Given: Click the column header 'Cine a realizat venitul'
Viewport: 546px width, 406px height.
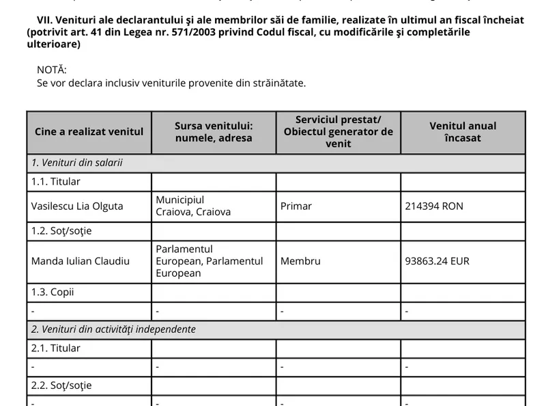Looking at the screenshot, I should click(89, 131).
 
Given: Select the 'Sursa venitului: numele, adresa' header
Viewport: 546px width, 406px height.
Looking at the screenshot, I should click(214, 131).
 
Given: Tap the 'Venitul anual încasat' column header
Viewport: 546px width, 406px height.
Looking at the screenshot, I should click(463, 131).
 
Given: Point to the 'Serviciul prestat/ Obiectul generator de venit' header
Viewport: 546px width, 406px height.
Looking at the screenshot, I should click(338, 131).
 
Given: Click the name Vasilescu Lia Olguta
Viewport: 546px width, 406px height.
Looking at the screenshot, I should click(77, 206).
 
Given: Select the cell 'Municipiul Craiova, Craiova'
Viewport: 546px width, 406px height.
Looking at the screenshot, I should click(193, 206).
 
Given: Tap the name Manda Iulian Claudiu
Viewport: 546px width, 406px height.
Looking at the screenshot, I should click(81, 261).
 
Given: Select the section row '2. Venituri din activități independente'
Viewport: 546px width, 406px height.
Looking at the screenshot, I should click(113, 329).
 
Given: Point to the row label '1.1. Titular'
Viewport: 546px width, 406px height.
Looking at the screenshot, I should click(56, 182).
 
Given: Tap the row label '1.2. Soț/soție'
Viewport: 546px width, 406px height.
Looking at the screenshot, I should click(61, 230).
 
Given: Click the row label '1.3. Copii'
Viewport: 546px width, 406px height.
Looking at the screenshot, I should click(53, 292).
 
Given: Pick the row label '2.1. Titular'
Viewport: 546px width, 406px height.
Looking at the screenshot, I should click(56, 348).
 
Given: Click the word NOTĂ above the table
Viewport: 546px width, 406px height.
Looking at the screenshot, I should click(52, 70).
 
